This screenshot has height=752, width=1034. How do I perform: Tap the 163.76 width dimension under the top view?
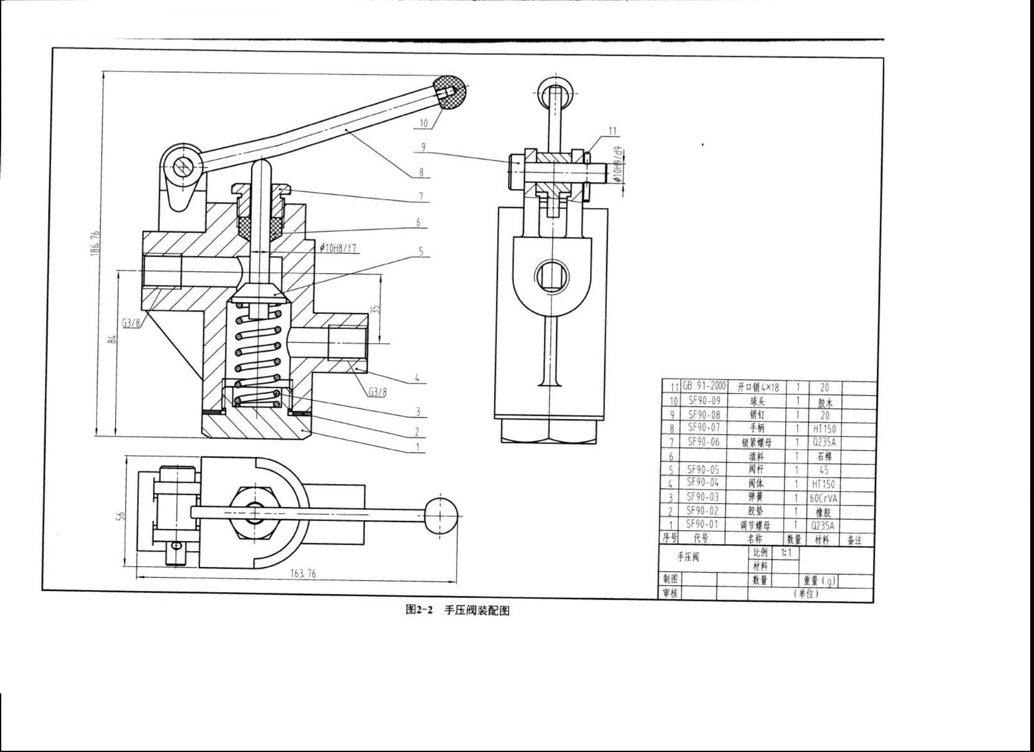(x=303, y=573)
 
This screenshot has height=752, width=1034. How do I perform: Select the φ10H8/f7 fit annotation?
(x=339, y=248)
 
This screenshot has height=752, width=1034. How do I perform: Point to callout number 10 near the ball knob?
(x=423, y=123)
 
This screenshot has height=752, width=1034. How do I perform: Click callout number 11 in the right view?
(x=612, y=131)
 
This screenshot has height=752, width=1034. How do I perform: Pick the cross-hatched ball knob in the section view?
(x=452, y=92)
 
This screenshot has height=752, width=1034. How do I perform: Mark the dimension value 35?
(x=375, y=309)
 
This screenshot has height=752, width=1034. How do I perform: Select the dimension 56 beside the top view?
(x=121, y=515)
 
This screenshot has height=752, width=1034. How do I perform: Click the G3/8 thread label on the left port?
(x=131, y=322)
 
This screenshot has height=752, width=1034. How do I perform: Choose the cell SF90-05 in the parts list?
(x=703, y=470)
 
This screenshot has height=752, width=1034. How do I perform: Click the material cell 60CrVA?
(x=824, y=498)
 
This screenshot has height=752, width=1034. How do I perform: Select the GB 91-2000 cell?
(x=704, y=386)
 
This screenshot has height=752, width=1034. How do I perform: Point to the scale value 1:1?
(x=786, y=553)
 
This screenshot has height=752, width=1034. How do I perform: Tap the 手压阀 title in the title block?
(x=688, y=557)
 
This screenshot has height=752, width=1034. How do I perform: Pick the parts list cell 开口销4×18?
(x=758, y=387)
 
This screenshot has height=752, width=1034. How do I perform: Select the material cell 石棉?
(x=824, y=456)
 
